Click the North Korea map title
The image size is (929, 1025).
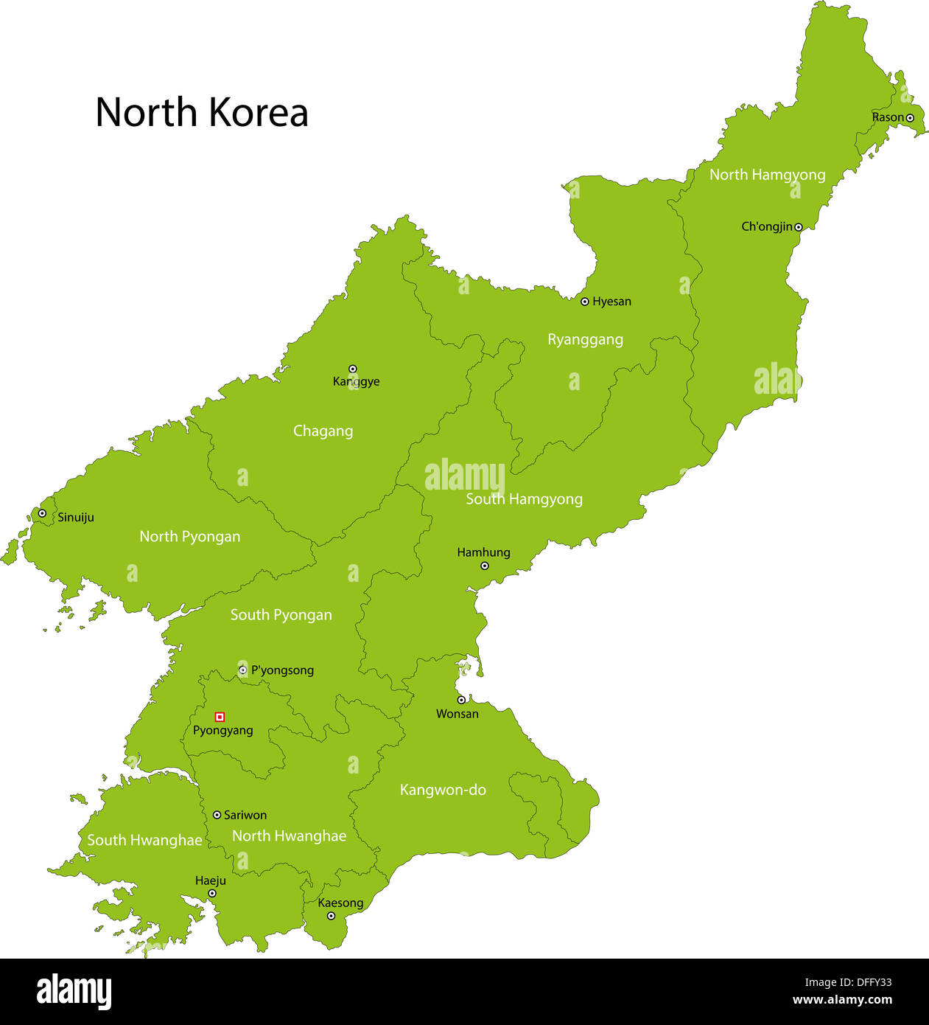[x=201, y=113]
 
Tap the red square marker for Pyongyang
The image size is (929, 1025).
[x=220, y=717]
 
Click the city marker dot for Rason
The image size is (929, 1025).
[x=910, y=118]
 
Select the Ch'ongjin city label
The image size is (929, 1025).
[x=766, y=227]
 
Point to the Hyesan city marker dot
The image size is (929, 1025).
[x=585, y=302]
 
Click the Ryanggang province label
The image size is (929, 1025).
[x=585, y=340]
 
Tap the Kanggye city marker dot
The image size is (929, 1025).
[x=352, y=369]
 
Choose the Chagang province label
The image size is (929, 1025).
[x=323, y=431]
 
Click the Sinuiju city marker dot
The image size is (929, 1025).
[x=42, y=513]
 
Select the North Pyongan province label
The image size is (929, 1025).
[x=190, y=537]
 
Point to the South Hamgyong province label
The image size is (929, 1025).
[x=524, y=499]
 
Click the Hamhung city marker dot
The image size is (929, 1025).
[x=485, y=566]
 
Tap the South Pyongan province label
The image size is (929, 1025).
[x=281, y=615]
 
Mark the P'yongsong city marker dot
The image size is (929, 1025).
[x=242, y=670]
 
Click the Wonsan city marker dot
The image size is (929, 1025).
[x=461, y=700]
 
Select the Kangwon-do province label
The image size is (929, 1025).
[x=443, y=790]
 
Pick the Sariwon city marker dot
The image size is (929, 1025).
[x=217, y=815]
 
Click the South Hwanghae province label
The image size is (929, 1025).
[x=144, y=840]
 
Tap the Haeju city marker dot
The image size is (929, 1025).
[x=212, y=893]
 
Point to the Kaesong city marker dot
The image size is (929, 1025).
[x=331, y=916]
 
